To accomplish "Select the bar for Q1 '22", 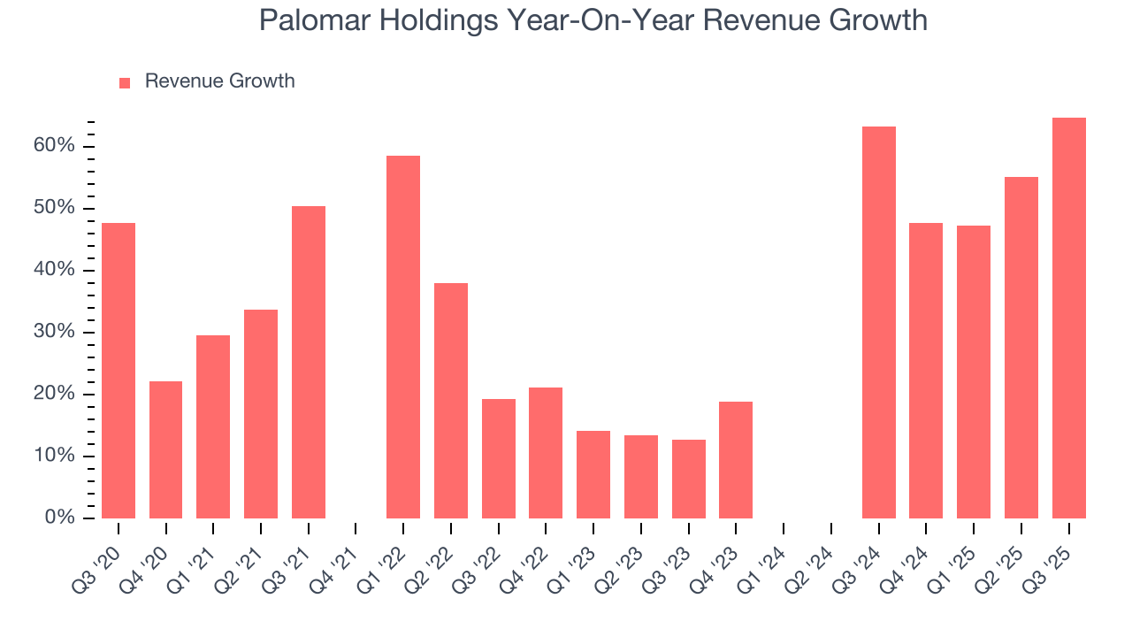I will click(403, 336).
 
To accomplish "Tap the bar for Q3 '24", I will click(878, 322).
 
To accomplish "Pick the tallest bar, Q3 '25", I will click(1068, 318).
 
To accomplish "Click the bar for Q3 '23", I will click(688, 479).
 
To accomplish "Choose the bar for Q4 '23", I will click(736, 459).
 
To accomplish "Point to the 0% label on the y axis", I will click(61, 518).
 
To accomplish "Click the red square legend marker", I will click(125, 82).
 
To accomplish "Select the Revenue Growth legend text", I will click(219, 81).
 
